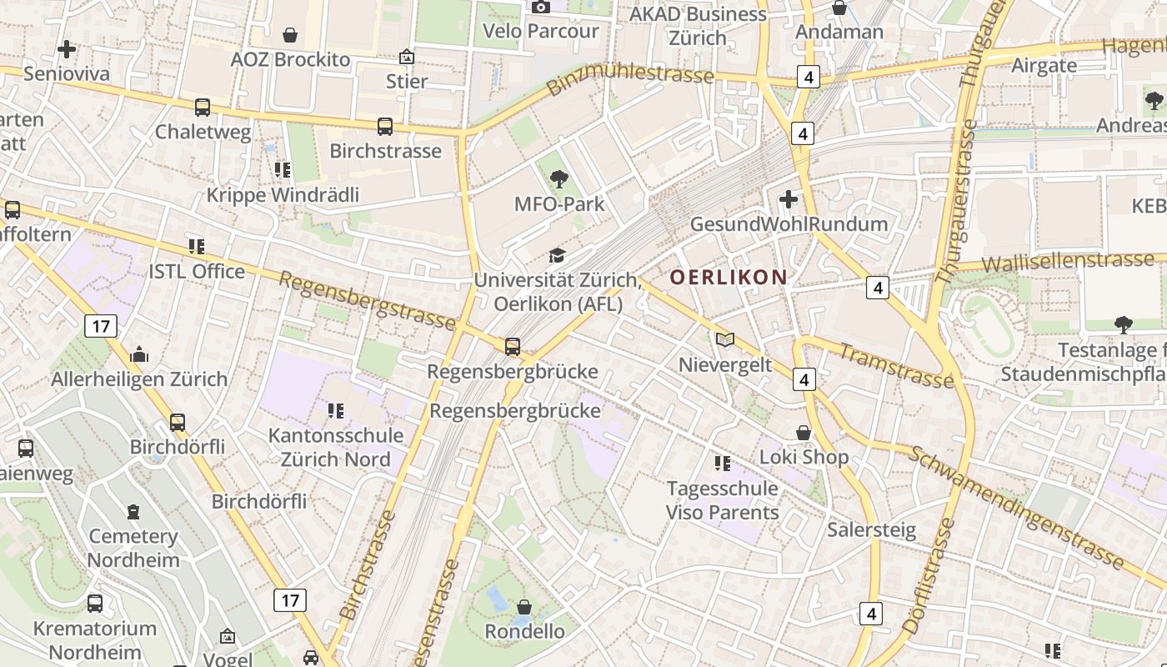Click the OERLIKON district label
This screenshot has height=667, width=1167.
click(729, 277)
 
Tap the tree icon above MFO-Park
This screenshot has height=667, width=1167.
click(558, 178)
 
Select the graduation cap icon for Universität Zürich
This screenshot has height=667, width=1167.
click(556, 255)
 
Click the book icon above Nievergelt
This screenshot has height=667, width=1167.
click(725, 339)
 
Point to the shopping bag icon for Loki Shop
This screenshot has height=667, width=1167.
click(804, 433)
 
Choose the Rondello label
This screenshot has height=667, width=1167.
click(524, 631)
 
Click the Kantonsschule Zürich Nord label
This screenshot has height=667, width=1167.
click(335, 448)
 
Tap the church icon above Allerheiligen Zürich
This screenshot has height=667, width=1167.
click(139, 354)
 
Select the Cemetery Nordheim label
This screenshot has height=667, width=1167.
click(133, 548)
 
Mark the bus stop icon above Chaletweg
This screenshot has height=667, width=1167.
click(203, 107)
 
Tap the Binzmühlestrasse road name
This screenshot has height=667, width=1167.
click(630, 78)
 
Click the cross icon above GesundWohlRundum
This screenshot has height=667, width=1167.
click(788, 199)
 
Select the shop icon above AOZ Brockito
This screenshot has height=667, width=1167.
click(290, 35)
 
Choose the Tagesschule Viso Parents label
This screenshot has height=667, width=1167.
click(722, 500)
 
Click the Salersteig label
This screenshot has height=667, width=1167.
click(871, 529)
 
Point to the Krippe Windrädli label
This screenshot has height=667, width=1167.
click(283, 195)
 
